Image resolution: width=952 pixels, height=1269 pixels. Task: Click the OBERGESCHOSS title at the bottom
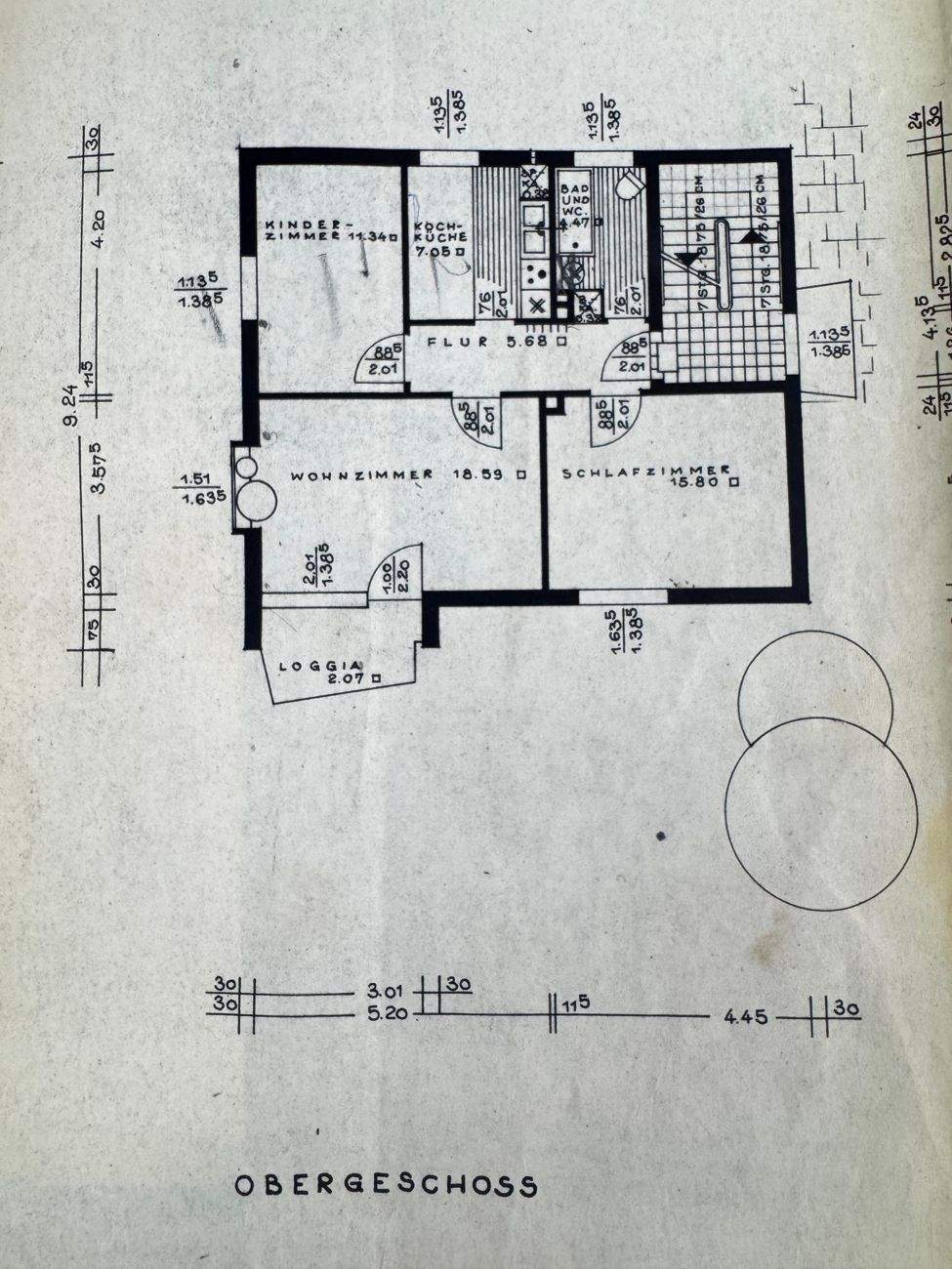(x=386, y=1185)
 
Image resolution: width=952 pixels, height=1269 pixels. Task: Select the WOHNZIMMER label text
(x=361, y=475)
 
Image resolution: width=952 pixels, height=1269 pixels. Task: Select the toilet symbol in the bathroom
(x=630, y=184)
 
